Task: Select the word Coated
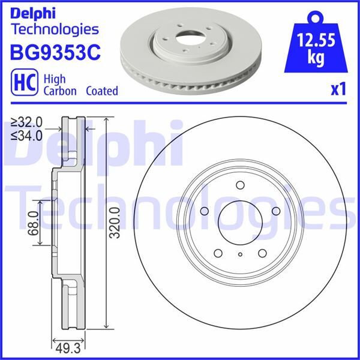101,91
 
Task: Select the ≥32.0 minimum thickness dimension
28,122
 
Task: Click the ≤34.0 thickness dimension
28,135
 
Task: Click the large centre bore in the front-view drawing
239,218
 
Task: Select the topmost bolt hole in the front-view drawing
239,185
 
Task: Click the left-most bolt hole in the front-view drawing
203,211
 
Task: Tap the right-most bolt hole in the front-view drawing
275,211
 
